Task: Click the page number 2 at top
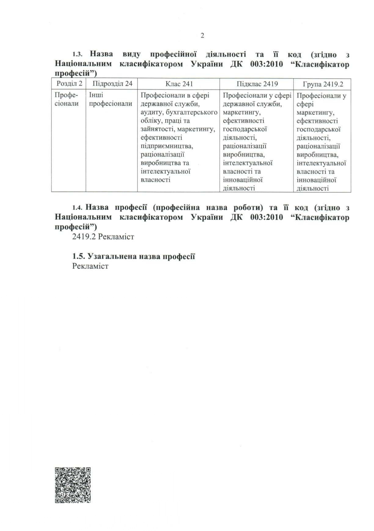(202, 36)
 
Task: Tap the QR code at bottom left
(73, 485)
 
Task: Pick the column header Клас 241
(179, 84)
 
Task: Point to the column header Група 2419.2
(323, 84)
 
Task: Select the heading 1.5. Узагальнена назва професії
(134, 256)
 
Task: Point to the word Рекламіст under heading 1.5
(90, 266)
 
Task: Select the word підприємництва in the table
(167, 146)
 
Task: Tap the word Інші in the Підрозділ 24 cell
(96, 95)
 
